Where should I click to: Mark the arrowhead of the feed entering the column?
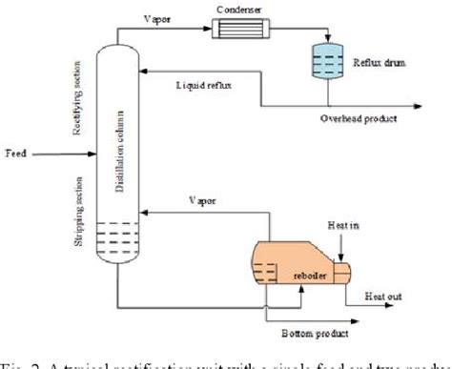tap(100, 152)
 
